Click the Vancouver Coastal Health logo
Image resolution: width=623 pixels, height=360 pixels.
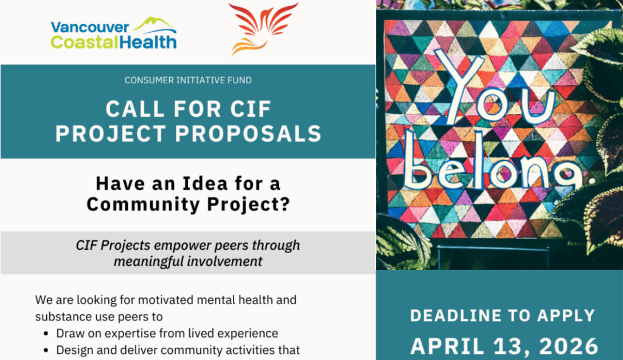pos(114,33)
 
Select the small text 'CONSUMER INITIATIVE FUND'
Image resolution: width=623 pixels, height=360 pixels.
pos(187,80)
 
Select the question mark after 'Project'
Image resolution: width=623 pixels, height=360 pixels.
pos(284,204)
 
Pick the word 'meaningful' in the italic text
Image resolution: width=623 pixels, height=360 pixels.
pos(146,261)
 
